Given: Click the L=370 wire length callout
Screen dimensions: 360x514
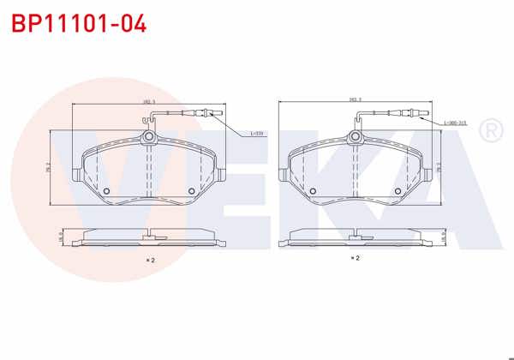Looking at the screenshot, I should point(256,134).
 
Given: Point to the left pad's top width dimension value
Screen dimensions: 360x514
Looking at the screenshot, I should point(147,101).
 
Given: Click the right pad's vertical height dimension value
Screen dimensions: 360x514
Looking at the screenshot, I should point(439,167).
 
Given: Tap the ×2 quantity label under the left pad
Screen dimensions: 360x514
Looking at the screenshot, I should point(149,259).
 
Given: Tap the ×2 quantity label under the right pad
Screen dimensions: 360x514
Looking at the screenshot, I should point(354,257).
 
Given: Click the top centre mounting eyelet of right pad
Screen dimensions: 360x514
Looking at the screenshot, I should point(355,135).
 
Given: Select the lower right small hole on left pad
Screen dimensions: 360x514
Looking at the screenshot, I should point(190,191).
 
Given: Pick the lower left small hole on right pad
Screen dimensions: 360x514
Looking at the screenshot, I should point(313,190).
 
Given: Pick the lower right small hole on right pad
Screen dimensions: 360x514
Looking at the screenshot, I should point(397,190).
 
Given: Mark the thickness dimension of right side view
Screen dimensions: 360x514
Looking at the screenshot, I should point(443,233).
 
